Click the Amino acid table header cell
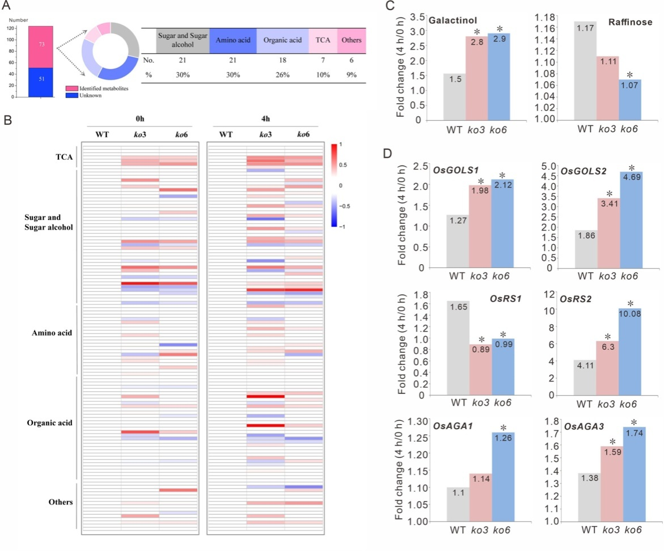click(x=232, y=41)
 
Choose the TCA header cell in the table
click(x=322, y=41)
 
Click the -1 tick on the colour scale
click(x=342, y=226)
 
